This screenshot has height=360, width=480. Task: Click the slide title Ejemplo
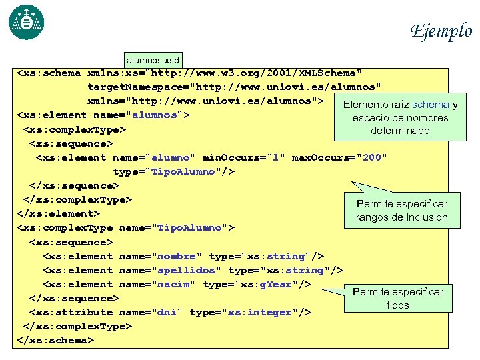pos(441,31)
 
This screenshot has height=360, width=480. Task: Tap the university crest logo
pos(26,22)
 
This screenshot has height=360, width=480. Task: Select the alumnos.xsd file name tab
pos(153,59)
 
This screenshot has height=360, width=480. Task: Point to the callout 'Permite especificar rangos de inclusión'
pos(401,210)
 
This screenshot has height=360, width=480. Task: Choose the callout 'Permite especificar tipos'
pos(397,298)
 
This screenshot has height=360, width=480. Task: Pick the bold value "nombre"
pos(175,256)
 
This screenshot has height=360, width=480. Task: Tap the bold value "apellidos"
pos(187,270)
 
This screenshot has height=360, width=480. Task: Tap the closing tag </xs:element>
pos(58,214)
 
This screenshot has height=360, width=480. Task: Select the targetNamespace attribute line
pos(235,87)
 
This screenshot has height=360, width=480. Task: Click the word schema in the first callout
pos(431,105)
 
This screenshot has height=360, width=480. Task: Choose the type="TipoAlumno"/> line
pos(173,171)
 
